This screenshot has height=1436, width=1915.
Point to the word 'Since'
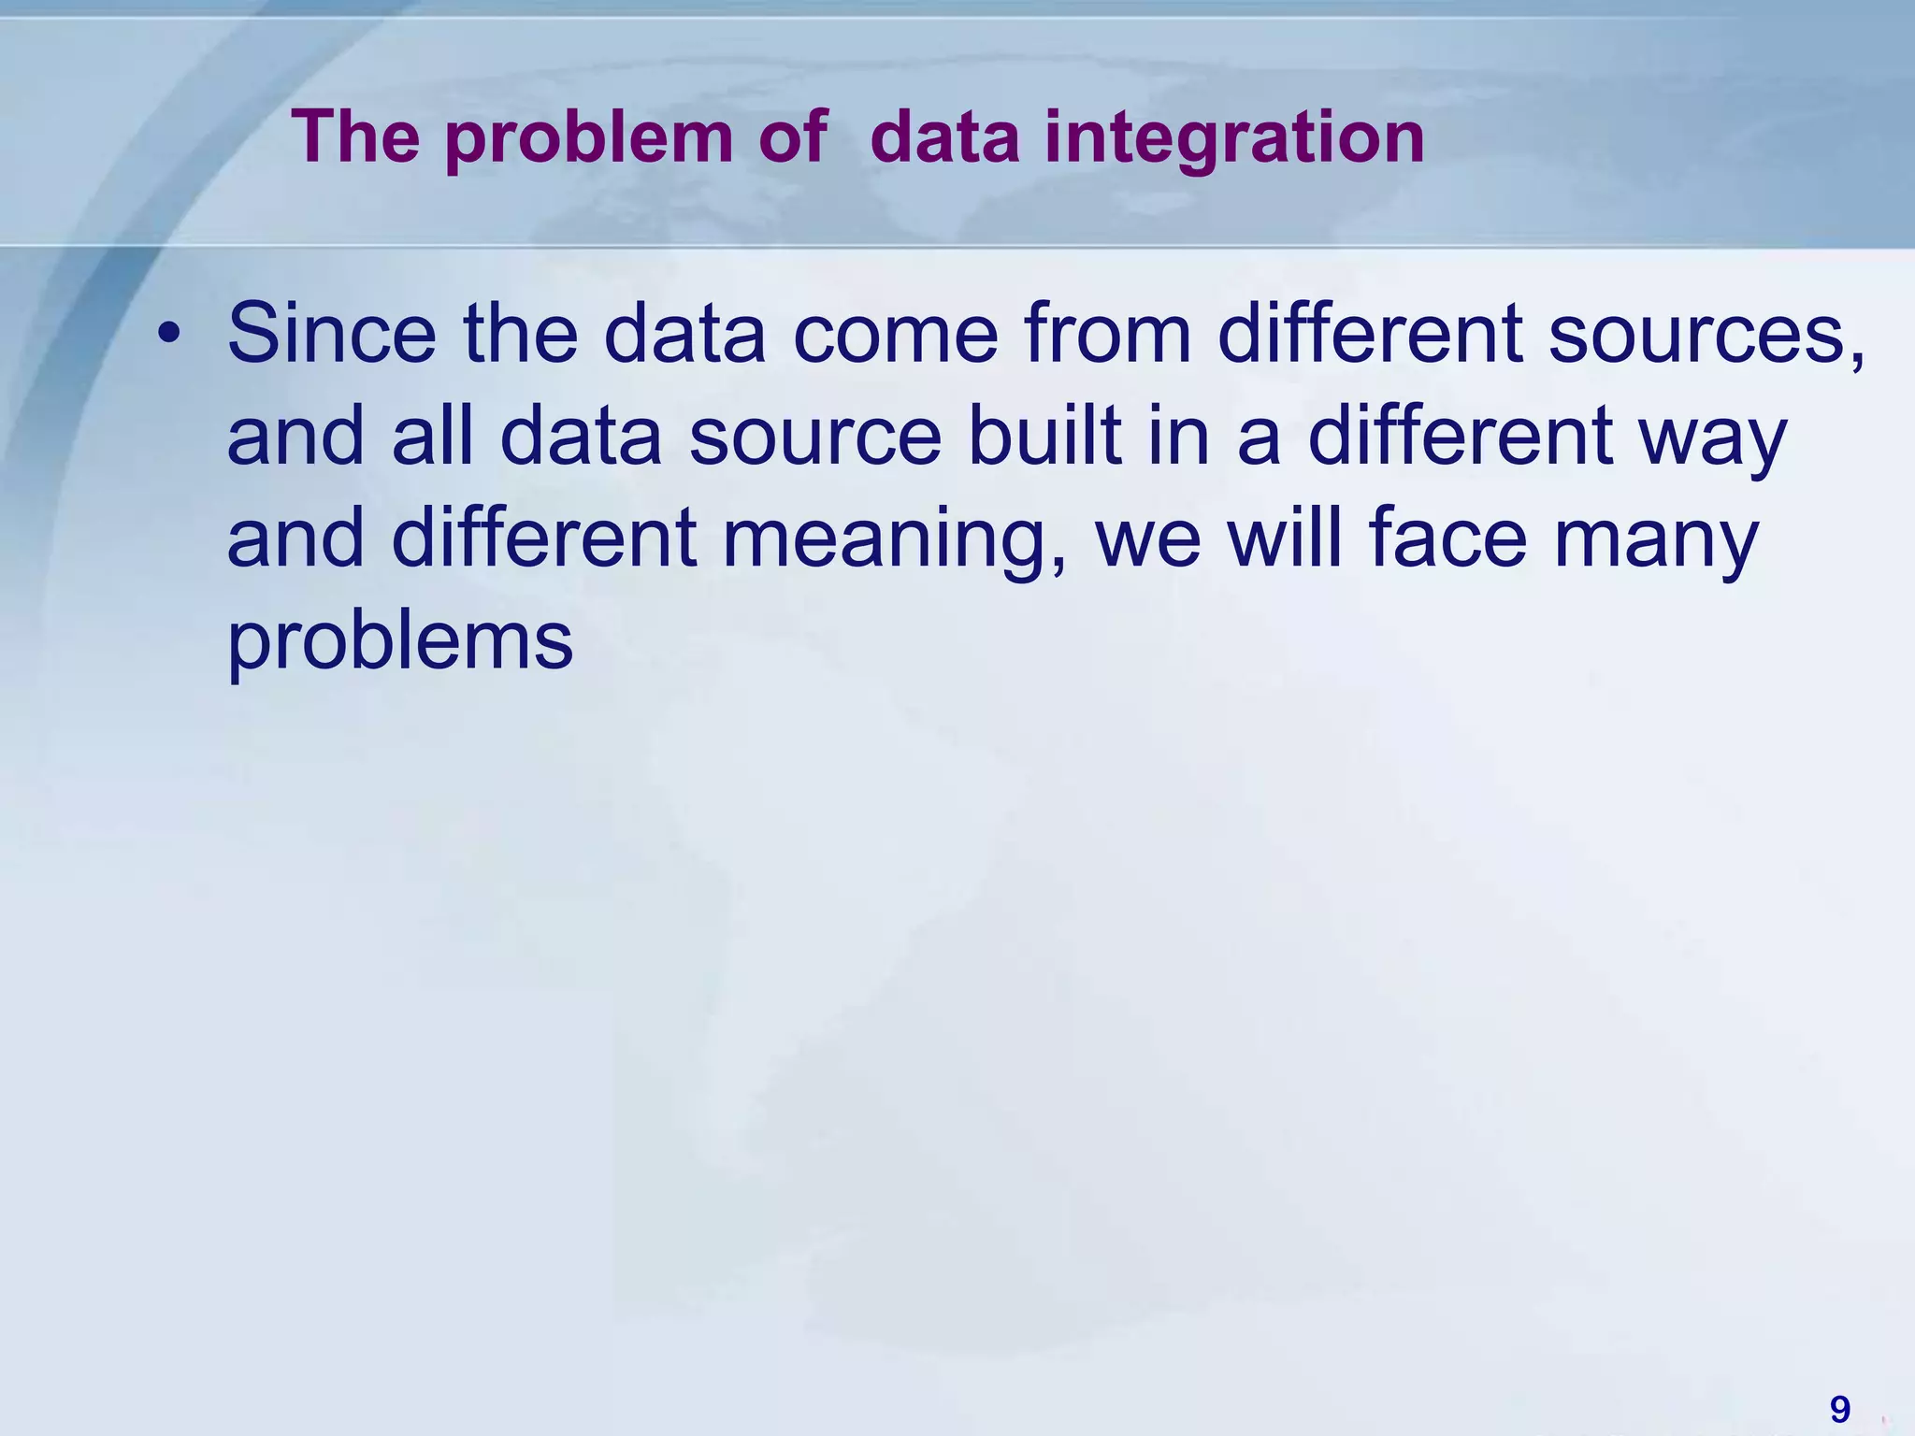pyautogui.click(x=332, y=334)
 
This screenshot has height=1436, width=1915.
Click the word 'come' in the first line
pyautogui.click(x=896, y=334)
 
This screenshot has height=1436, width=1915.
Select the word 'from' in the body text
pyautogui.click(x=1109, y=334)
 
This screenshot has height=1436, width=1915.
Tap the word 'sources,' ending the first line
pyautogui.click(x=1706, y=334)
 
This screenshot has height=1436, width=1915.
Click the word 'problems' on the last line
pyautogui.click(x=400, y=642)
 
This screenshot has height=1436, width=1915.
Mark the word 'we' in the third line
pyautogui.click(x=1148, y=539)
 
